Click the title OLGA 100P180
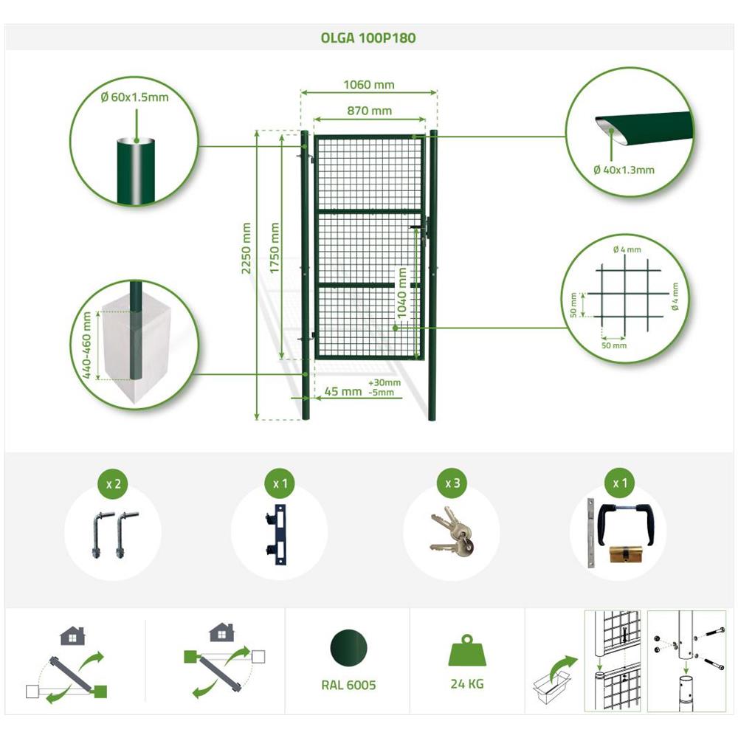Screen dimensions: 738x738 (x=368, y=38)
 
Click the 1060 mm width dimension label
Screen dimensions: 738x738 (x=369, y=85)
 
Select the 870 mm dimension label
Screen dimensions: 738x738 (x=370, y=111)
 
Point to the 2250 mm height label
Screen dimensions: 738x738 (x=246, y=248)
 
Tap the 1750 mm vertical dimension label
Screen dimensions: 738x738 (x=275, y=248)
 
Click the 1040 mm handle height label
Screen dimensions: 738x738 (x=401, y=293)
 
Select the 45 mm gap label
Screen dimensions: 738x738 (x=343, y=392)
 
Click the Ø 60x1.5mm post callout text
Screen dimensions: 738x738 (x=134, y=97)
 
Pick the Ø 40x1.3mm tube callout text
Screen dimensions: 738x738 (x=624, y=170)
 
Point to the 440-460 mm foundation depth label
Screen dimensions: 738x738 (x=86, y=345)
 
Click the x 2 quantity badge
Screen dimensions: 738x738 (x=114, y=484)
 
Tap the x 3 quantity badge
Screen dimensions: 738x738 (x=452, y=483)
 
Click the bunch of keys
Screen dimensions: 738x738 (x=452, y=532)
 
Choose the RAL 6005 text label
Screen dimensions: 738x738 (x=349, y=686)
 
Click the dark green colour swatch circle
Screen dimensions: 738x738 (x=349, y=648)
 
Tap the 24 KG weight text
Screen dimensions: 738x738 (x=467, y=684)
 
